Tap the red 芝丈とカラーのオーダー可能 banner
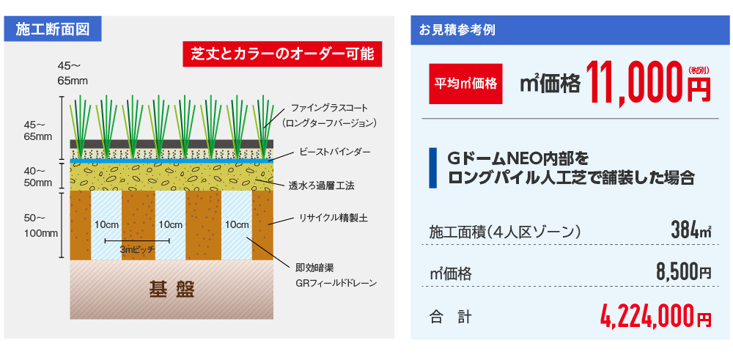tap(283, 54)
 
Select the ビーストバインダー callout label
tap(335, 153)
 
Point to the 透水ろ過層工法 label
tap(322, 186)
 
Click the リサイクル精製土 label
tap(334, 218)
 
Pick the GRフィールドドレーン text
tap(336, 283)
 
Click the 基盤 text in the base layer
tap(171, 290)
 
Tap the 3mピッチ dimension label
tap(137, 250)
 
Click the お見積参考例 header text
tap(457, 30)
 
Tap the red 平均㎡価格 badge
tap(465, 84)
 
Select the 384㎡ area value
tap(691, 230)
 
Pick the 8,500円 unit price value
tap(684, 271)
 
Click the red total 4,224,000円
tap(656, 317)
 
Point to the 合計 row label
tap(450, 318)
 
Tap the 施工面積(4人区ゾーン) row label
tap(505, 232)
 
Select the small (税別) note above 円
tap(699, 70)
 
